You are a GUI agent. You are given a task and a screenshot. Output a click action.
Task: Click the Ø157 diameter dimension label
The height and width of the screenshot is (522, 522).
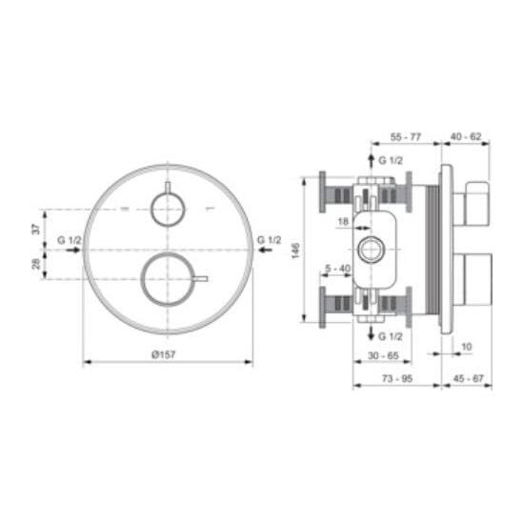coord(164,355)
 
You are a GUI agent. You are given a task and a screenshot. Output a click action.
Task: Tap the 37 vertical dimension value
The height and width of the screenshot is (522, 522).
coord(36,229)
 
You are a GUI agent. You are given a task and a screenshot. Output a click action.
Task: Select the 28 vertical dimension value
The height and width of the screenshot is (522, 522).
coord(36,264)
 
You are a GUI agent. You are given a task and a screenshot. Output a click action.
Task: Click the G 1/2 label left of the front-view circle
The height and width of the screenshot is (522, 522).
coord(70,240)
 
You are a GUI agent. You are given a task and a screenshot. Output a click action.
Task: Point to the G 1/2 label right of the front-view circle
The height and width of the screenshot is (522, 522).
coord(270,240)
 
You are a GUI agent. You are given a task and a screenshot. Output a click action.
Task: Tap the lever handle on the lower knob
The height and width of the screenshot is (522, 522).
coord(201,279)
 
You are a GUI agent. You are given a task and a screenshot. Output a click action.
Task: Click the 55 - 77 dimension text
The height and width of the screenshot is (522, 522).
coord(406,137)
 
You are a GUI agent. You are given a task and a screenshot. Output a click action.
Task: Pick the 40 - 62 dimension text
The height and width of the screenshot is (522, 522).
coord(466,136)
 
